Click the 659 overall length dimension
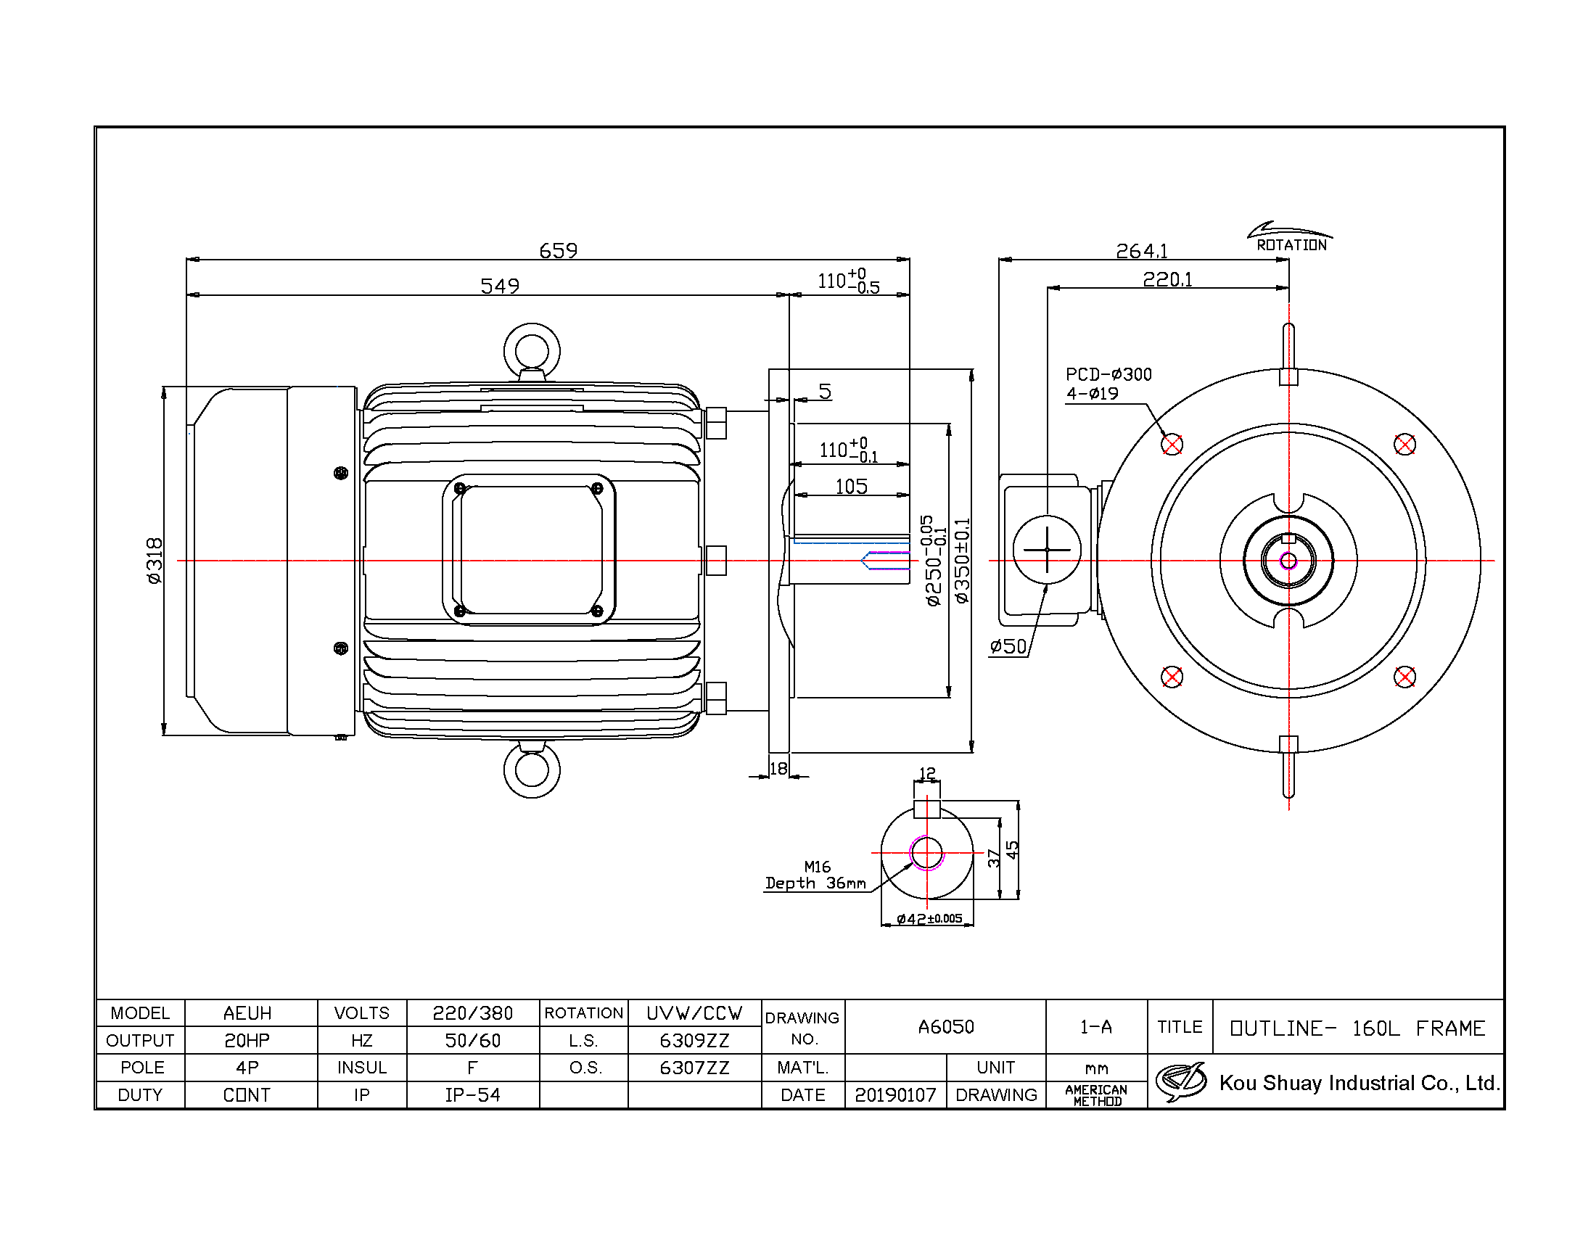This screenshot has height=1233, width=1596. pos(559,250)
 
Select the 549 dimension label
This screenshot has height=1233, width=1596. pos(500,286)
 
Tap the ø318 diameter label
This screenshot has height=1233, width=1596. pos(155,561)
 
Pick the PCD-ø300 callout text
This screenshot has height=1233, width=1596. pos(1108,375)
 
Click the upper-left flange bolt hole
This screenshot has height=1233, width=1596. pos(1172,444)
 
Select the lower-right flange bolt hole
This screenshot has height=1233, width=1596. pos(1404,677)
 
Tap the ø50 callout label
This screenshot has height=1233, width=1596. pos(1008,646)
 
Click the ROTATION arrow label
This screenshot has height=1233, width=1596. pos(1291,245)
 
